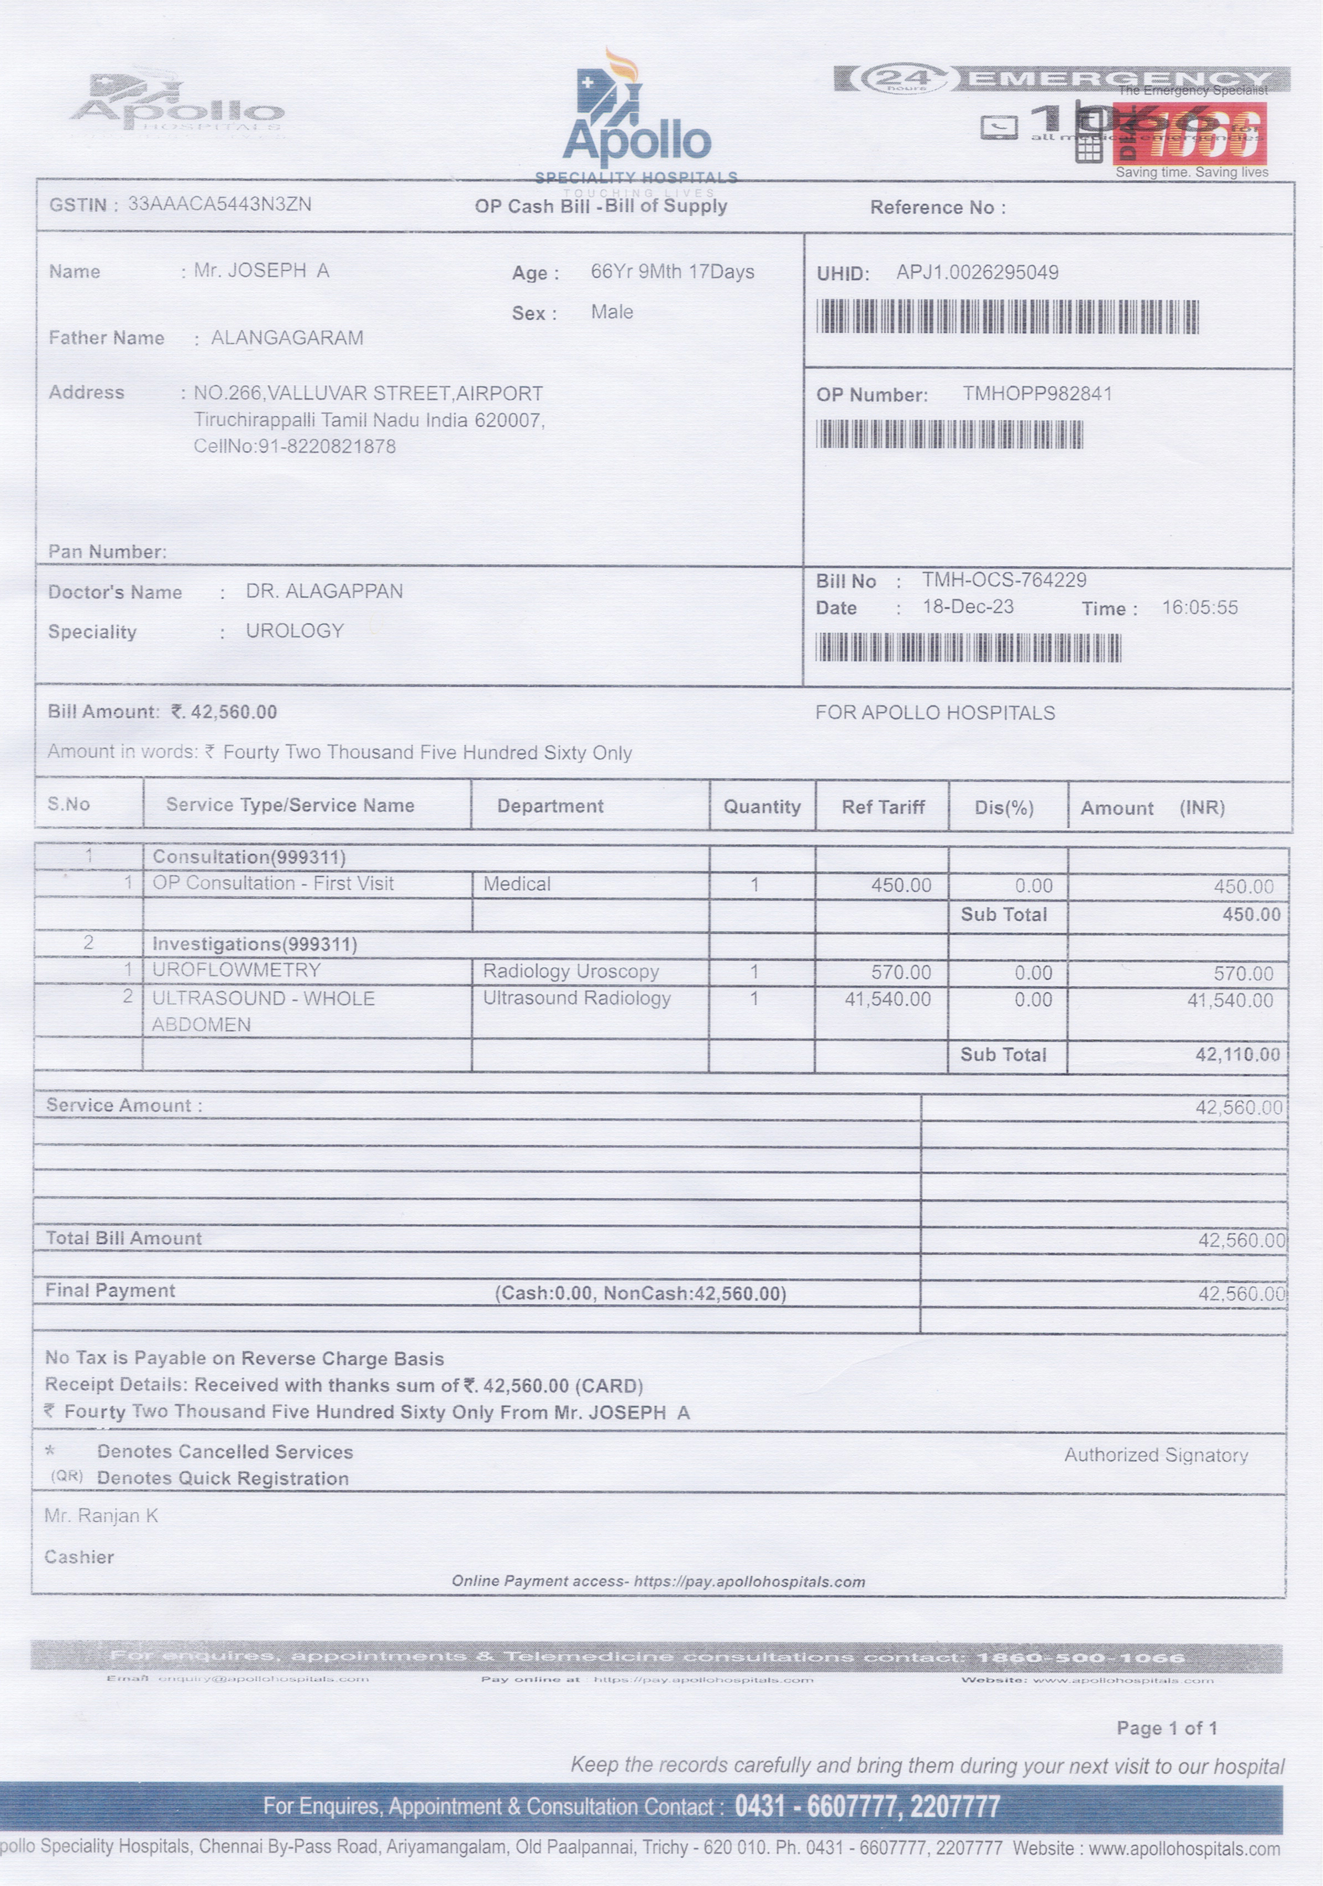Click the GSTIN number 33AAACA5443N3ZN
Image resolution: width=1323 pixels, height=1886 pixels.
pos(219,203)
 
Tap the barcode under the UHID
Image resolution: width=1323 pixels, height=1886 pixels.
pos(1007,317)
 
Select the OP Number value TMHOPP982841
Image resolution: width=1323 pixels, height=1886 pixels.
pos(1037,394)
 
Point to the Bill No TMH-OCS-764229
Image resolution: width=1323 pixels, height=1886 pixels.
pos(1004,580)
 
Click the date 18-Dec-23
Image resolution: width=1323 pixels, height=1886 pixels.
pos(968,607)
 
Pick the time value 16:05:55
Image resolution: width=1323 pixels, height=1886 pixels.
pos(1199,608)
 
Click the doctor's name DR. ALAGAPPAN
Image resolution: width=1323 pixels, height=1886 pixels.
pos(324,592)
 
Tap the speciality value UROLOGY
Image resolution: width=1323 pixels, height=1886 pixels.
pos(295,631)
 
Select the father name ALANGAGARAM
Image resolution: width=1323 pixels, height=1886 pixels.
pos(287,338)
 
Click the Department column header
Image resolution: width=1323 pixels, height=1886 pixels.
pos(550,806)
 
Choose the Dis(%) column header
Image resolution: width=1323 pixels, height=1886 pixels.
pos(1004,807)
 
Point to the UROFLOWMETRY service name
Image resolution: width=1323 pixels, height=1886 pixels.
pos(237,970)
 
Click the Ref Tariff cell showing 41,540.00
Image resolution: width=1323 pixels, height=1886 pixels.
pos(888,1000)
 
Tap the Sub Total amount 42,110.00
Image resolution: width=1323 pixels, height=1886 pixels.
pos(1237,1055)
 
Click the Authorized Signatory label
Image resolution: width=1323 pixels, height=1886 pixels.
pos(1156,1456)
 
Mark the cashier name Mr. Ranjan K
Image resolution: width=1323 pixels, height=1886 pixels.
pos(102,1516)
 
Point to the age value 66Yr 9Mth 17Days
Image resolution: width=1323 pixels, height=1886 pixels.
pos(672,272)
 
